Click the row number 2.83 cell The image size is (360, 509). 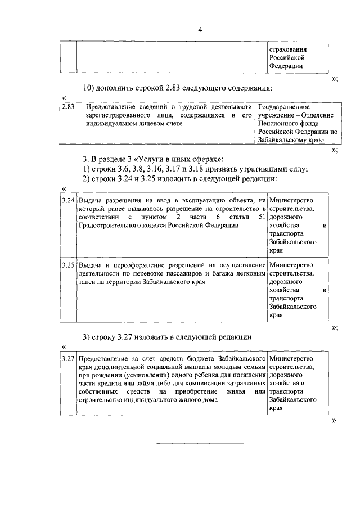(x=69, y=106)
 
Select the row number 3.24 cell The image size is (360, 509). (x=68, y=201)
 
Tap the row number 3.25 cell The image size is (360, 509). (x=68, y=265)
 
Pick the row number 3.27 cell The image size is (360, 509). (x=68, y=358)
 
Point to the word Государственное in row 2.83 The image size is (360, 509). (x=283, y=106)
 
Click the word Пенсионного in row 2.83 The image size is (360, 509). (x=280, y=123)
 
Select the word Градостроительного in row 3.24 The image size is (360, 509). (x=110, y=225)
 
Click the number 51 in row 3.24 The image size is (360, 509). (x=260, y=217)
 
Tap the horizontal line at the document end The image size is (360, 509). (x=200, y=443)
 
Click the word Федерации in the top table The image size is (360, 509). (x=286, y=65)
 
